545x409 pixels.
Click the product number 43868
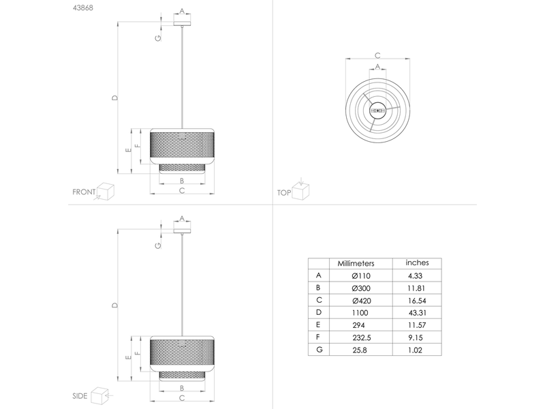[82, 7]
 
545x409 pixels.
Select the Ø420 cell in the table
[361, 301]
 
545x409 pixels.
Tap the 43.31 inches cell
[417, 313]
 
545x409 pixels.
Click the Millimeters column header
[356, 263]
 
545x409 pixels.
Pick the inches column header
[417, 262]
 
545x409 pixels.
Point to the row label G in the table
[319, 349]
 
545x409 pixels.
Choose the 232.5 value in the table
[361, 337]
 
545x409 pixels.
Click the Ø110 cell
[361, 276]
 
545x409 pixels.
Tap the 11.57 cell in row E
[417, 325]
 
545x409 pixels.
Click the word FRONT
[84, 192]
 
